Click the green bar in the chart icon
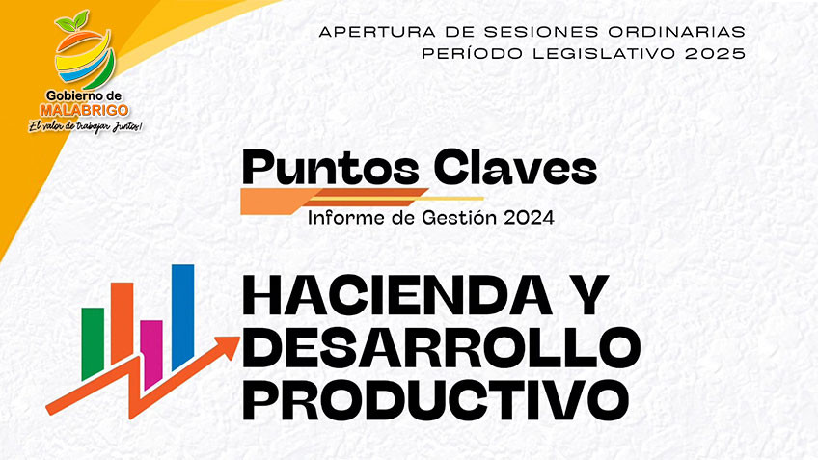click(x=93, y=343)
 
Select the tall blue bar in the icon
click(x=182, y=316)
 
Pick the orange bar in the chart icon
click(x=123, y=322)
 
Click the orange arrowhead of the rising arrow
click(x=229, y=347)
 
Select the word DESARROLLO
click(x=442, y=347)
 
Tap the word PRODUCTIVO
click(x=436, y=400)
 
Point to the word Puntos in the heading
click(x=331, y=169)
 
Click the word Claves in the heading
click(x=515, y=168)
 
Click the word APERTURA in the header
click(x=378, y=32)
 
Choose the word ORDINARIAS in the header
click(x=676, y=32)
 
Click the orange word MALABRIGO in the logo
click(x=84, y=110)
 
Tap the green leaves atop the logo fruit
click(x=71, y=21)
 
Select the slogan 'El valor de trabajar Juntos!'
click(x=85, y=126)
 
